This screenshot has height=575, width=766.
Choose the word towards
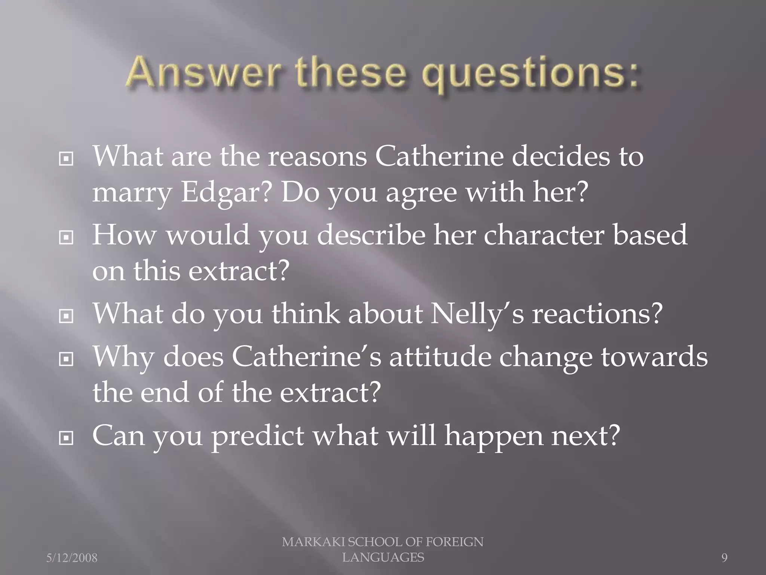click(x=654, y=356)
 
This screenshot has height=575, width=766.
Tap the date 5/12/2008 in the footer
click(x=72, y=558)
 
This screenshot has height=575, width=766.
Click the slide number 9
click(x=724, y=558)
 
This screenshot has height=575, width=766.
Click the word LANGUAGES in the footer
click(x=383, y=557)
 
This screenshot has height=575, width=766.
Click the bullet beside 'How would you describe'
click(x=66, y=237)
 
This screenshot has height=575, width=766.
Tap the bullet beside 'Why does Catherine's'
click(x=66, y=360)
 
